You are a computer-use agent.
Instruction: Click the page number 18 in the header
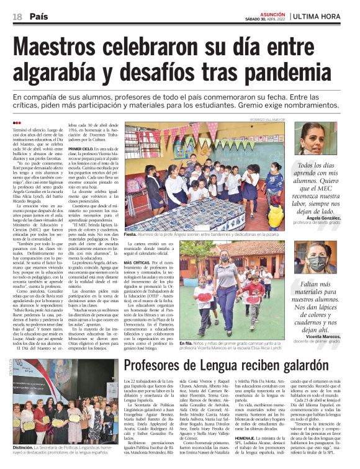pos(17,17)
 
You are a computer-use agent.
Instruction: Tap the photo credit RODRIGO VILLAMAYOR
pos(268,118)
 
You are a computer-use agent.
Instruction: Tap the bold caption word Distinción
pos(24,447)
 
